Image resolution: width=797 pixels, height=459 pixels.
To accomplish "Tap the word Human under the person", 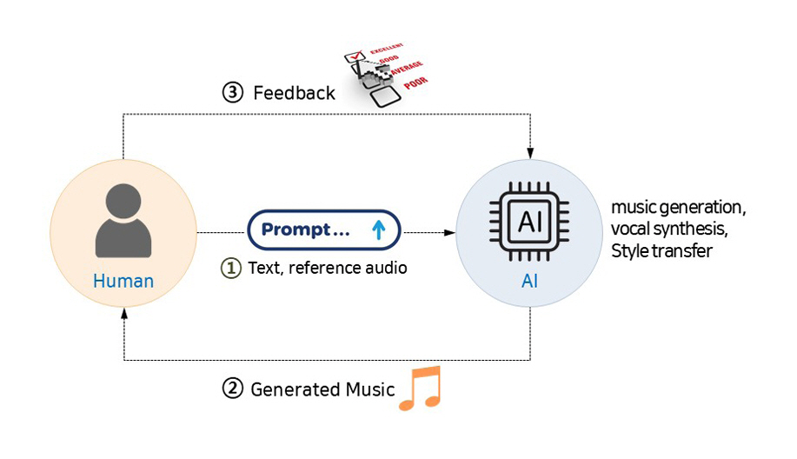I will (123, 281).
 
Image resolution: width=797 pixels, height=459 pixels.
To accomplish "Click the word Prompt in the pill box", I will (296, 230).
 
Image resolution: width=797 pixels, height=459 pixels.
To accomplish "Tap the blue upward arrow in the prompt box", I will (378, 230).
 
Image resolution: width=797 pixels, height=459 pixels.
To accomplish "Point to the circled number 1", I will (230, 269).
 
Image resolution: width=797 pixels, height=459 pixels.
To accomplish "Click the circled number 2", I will (232, 389).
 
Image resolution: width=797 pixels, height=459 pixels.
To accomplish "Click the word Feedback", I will (294, 93).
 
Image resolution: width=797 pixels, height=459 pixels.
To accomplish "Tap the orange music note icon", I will (421, 388).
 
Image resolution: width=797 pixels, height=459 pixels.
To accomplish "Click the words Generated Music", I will (322, 389).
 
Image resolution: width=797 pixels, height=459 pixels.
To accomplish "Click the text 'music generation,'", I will (679, 209).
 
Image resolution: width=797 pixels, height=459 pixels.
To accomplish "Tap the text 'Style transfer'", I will (662, 252).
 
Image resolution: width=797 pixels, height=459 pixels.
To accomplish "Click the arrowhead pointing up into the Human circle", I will (123, 315).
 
